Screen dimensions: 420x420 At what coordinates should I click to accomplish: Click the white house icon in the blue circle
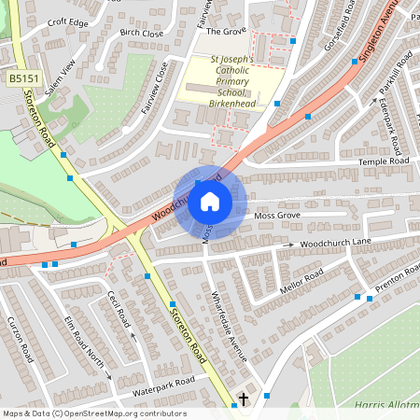(210, 201)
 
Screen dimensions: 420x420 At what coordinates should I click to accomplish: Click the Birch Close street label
(141, 33)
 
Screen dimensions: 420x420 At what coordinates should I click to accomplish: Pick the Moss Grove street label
(276, 216)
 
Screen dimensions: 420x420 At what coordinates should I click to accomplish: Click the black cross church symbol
(244, 399)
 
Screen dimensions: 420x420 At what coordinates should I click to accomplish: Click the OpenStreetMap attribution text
(93, 413)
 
